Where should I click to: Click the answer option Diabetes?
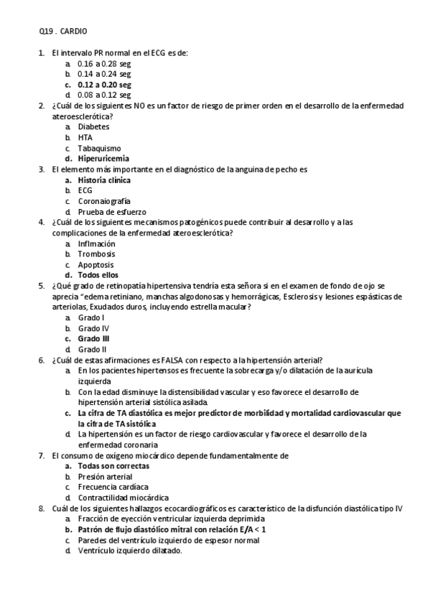(x=94, y=126)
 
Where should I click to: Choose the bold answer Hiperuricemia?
(x=104, y=157)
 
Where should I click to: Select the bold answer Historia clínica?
(x=104, y=180)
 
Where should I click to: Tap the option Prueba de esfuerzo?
(x=111, y=212)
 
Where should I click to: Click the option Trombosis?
(x=96, y=254)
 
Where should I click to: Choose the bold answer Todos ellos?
(x=98, y=274)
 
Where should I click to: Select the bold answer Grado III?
(x=94, y=338)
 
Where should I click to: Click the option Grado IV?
(x=93, y=327)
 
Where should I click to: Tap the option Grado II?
(x=93, y=349)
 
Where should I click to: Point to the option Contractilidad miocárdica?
(x=123, y=497)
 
